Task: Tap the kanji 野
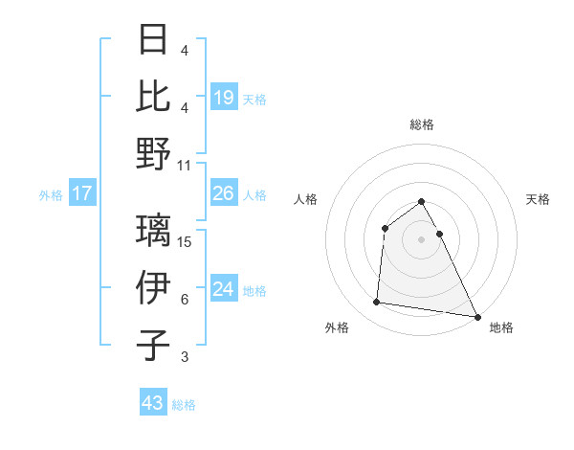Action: click(154, 153)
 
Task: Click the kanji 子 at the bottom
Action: click(154, 345)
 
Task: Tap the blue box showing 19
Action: click(224, 97)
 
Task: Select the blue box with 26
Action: click(224, 193)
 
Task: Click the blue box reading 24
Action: click(224, 289)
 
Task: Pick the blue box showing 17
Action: click(82, 193)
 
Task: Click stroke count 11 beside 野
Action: click(185, 165)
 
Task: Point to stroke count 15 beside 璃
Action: click(185, 241)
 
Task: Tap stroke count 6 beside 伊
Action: click(185, 300)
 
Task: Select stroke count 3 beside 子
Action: click(185, 357)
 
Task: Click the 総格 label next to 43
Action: click(184, 405)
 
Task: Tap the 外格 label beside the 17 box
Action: click(51, 195)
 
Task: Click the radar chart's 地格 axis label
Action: click(501, 327)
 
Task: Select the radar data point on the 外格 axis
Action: click(377, 303)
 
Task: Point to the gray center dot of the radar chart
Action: click(421, 238)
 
